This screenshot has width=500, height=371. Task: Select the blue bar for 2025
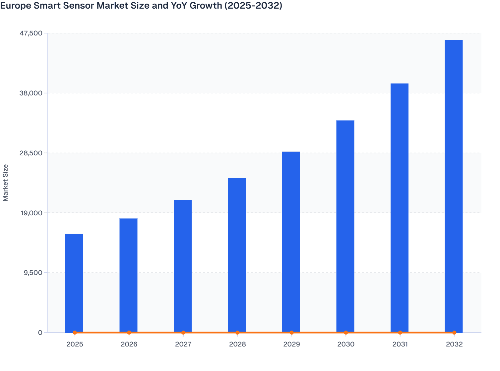pyautogui.click(x=74, y=283)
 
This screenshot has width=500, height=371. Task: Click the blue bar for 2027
pyautogui.click(x=183, y=266)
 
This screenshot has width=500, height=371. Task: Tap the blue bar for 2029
pyautogui.click(x=291, y=242)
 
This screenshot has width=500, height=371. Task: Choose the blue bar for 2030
pyautogui.click(x=345, y=226)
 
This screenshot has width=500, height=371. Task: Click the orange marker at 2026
pyautogui.click(x=129, y=333)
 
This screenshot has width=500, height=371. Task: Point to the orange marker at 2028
pyautogui.click(x=237, y=333)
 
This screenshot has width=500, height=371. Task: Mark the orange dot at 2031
pyautogui.click(x=400, y=333)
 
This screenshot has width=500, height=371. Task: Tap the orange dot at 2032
pyautogui.click(x=454, y=333)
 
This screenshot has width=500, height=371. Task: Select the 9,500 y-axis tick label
pyautogui.click(x=33, y=273)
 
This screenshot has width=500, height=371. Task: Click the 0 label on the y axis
pyautogui.click(x=40, y=333)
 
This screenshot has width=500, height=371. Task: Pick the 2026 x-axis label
pyautogui.click(x=129, y=344)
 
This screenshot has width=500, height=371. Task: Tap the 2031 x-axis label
pyautogui.click(x=400, y=344)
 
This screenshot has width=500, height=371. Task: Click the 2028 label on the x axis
pyautogui.click(x=237, y=344)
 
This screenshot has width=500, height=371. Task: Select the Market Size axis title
pyautogui.click(x=5, y=183)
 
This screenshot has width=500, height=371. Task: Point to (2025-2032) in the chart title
pyautogui.click(x=253, y=5)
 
